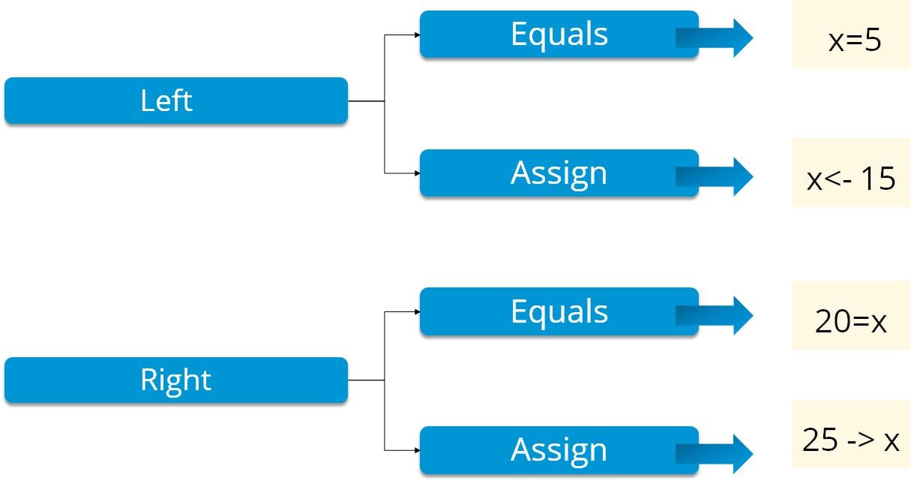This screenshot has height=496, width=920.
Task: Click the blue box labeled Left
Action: point(175,101)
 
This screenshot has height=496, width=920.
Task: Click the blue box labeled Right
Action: point(175,380)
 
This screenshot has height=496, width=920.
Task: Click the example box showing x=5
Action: point(851,39)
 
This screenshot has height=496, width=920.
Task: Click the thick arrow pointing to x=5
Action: point(716,38)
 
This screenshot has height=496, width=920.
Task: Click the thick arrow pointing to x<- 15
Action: point(716,176)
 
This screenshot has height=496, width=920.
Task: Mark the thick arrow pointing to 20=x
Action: point(716,315)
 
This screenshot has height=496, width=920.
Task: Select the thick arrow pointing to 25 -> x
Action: point(716,453)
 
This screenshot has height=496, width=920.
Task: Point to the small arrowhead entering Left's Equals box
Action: point(416,35)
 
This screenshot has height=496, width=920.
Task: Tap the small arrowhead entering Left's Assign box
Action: point(416,173)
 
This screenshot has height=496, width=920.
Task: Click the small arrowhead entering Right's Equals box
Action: point(416,311)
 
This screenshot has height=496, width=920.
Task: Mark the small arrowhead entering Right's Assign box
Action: point(416,450)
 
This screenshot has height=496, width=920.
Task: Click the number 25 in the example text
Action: point(820,440)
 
